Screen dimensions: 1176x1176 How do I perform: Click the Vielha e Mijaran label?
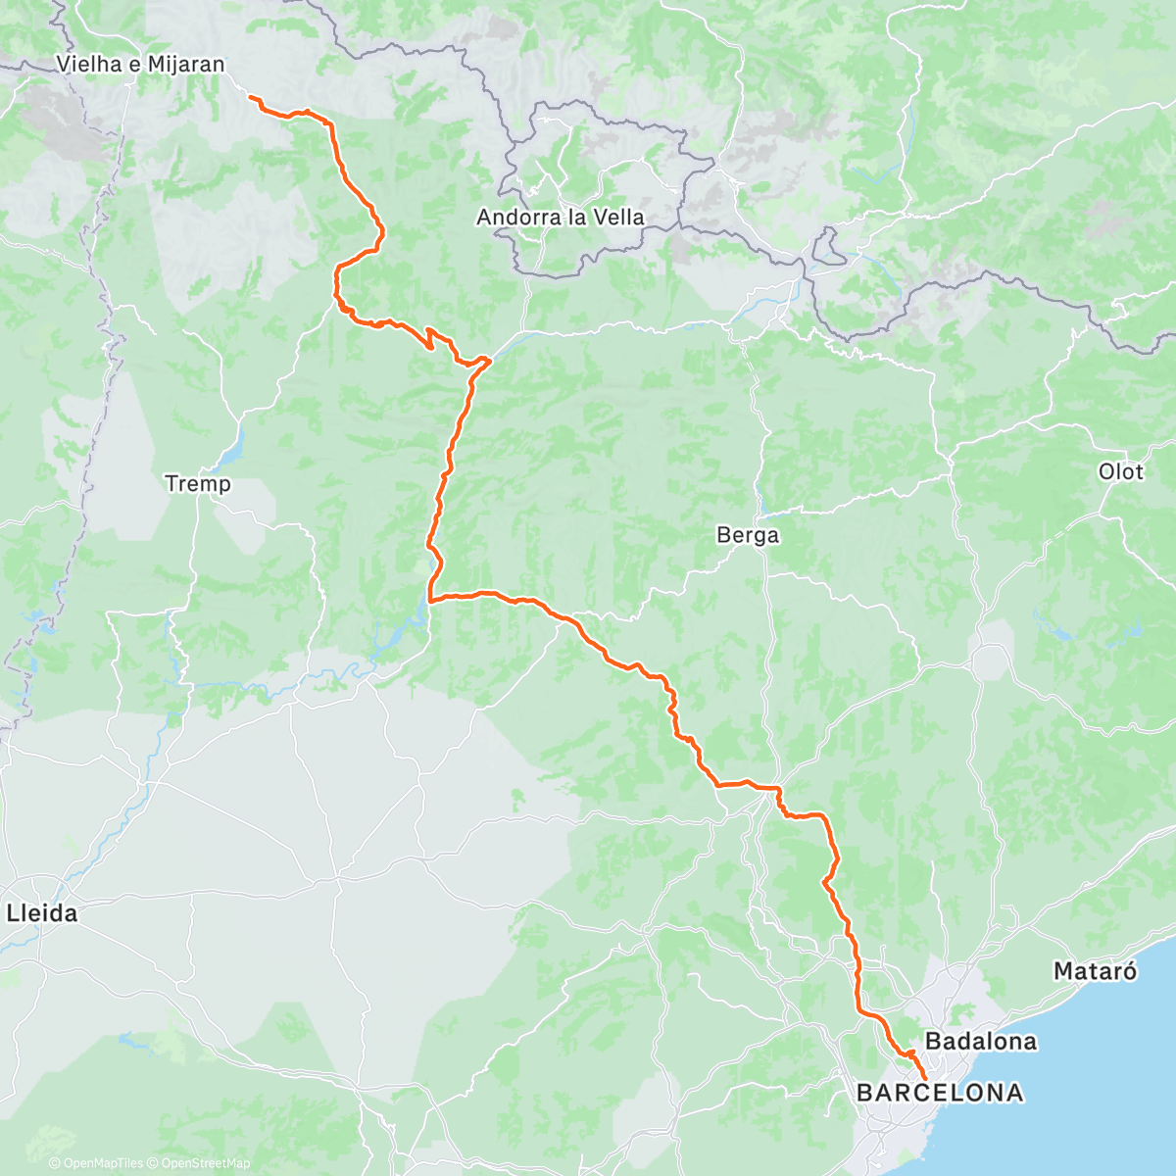140,65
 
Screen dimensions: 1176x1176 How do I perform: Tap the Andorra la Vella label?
560,217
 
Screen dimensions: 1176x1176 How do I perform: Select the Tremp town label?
198,483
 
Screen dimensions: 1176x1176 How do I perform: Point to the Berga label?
748,535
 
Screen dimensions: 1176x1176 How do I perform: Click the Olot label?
1120,471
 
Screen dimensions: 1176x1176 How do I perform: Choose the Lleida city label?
42,913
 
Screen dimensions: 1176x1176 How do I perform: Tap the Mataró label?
1095,971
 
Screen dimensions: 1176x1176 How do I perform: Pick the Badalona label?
980,1041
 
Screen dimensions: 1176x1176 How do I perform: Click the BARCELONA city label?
940,1093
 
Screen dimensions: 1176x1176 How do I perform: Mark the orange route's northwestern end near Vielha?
251,98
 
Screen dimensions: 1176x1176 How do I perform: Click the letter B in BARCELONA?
865,1093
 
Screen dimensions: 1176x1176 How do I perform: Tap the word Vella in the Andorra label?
616,217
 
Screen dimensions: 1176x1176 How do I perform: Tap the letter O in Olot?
1105,471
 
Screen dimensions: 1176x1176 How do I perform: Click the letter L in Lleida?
12,913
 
